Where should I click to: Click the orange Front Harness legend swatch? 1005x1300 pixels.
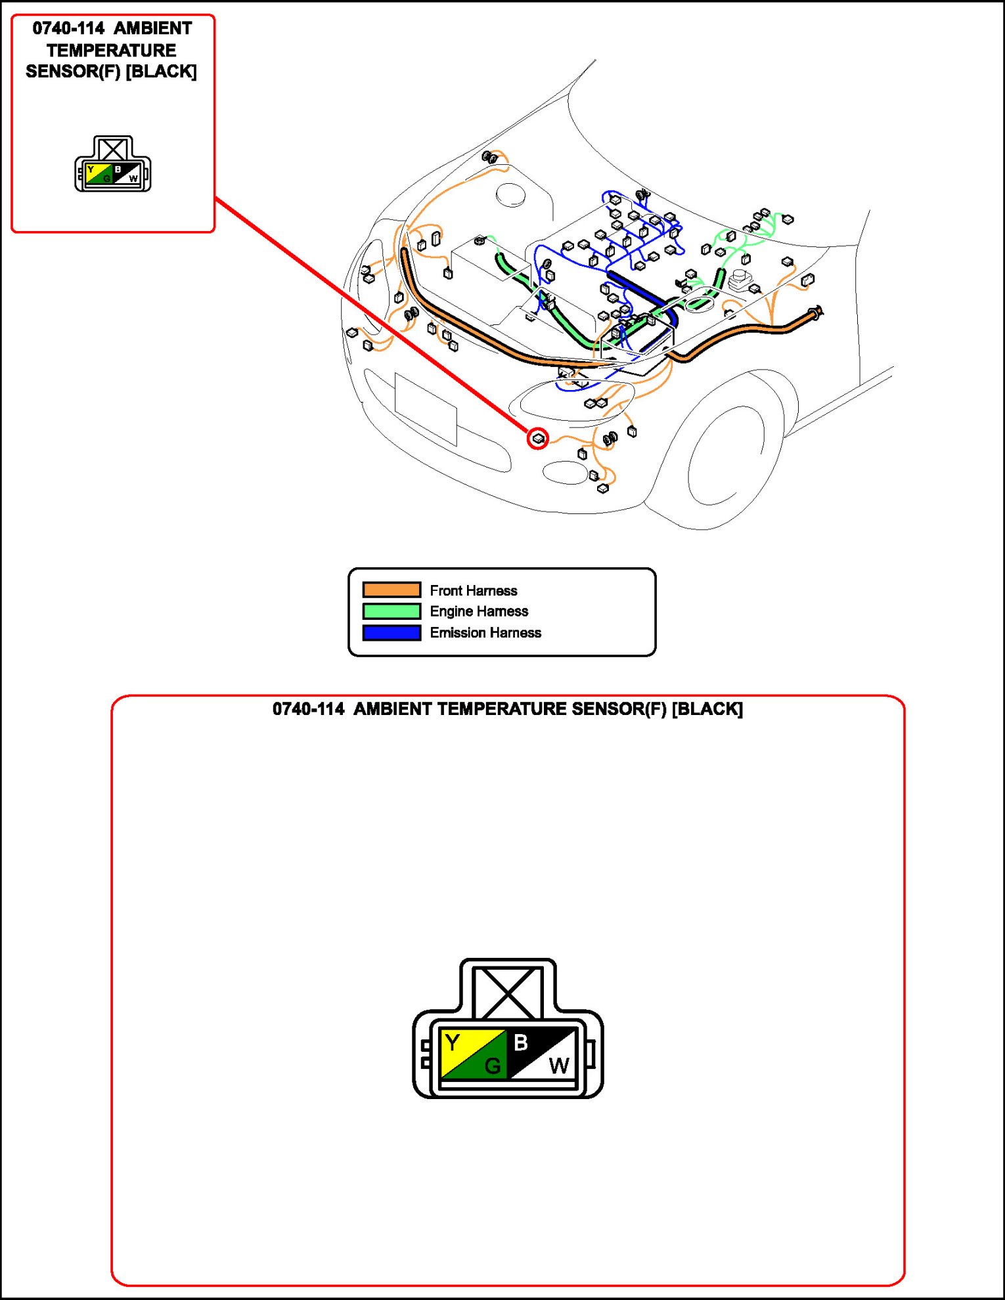click(x=391, y=590)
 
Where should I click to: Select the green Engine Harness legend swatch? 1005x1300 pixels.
click(x=391, y=611)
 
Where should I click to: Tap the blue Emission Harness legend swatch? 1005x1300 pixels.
click(x=391, y=632)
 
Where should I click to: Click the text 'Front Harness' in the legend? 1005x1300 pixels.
click(x=473, y=590)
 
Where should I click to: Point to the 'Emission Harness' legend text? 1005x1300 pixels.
click(x=485, y=632)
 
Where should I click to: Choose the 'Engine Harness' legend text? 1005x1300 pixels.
click(x=479, y=611)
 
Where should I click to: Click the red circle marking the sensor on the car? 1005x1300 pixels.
click(x=538, y=438)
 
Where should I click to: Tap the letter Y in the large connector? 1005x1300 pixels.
click(x=453, y=1043)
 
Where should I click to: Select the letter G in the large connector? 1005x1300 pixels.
click(x=492, y=1065)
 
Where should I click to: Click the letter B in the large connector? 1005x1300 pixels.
click(x=521, y=1042)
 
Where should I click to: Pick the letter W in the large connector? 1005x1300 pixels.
click(x=559, y=1065)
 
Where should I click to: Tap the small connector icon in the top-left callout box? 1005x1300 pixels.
click(x=113, y=165)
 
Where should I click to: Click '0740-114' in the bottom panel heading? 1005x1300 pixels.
click(x=308, y=709)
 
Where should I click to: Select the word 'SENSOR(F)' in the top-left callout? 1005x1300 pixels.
click(x=73, y=72)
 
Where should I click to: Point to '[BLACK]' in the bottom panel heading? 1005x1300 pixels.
click(x=707, y=709)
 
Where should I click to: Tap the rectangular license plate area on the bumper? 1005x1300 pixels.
click(x=426, y=408)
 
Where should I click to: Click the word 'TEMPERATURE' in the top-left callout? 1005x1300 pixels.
click(x=112, y=50)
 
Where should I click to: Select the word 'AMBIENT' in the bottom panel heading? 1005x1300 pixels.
click(x=392, y=709)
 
